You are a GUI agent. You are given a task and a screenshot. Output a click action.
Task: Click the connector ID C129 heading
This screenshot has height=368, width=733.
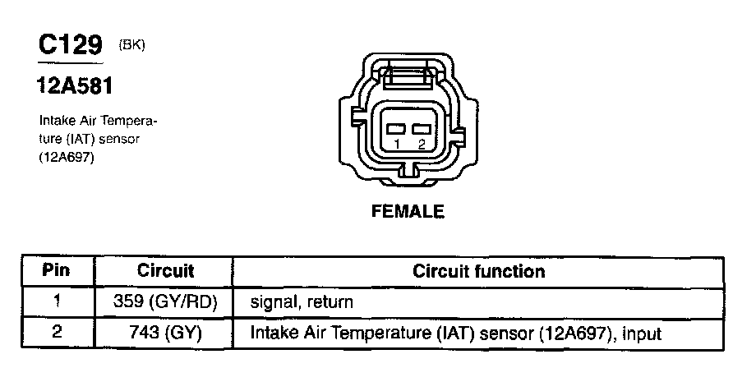pos(71,45)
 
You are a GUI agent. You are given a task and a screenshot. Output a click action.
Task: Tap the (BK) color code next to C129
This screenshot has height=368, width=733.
pos(132,44)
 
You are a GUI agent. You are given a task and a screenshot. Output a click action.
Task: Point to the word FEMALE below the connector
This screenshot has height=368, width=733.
pos(408,212)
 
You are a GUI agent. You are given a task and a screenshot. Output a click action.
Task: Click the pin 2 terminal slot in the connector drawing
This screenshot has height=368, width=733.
pos(422,130)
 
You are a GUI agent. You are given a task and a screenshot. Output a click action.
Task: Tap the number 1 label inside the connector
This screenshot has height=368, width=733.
pos(396,144)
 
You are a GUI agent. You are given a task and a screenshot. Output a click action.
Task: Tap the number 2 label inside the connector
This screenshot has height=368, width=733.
pos(421,144)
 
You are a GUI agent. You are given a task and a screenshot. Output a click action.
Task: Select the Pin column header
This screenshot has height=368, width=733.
pos(57,271)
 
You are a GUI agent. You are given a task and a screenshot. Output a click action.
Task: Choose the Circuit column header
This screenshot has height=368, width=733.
pos(165,271)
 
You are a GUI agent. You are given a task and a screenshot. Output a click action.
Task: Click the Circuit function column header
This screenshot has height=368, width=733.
pos(478,271)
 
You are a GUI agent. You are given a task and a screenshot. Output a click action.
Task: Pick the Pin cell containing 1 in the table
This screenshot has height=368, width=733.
pos(57,301)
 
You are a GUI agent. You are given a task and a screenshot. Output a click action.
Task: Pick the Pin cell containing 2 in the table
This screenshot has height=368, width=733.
pos(57,333)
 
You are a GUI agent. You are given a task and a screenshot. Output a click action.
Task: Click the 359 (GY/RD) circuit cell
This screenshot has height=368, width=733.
pos(165,301)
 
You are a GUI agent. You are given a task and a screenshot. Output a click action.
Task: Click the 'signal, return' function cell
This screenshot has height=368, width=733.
pos(301,302)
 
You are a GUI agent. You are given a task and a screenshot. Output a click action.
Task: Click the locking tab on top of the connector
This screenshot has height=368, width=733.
pos(408,80)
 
